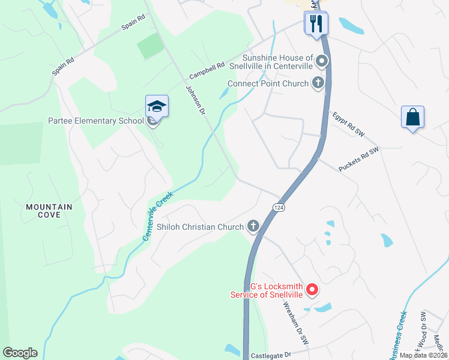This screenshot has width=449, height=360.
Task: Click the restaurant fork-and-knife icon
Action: point(316,24)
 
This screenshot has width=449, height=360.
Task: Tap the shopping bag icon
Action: point(413,116)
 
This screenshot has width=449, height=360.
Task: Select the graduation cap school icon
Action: point(157,107)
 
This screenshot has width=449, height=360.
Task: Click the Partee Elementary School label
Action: point(96,121)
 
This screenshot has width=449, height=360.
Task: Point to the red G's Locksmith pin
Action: point(312,290)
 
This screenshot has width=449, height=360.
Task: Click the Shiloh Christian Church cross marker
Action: point(253,226)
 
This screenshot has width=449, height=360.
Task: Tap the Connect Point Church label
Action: point(268,84)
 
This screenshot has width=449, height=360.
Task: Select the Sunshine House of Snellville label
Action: point(277,62)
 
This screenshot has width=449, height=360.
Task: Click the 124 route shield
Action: point(279,206)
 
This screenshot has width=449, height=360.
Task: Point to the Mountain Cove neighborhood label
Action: point(49,211)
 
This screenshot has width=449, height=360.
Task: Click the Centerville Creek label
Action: point(158,216)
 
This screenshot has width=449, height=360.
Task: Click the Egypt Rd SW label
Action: point(348,125)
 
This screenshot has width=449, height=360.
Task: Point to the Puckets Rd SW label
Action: point(359,160)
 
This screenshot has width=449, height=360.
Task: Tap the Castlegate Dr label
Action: point(270,355)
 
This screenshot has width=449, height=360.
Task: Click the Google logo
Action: point(20,353)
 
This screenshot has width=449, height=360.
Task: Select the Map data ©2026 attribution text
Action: point(423,355)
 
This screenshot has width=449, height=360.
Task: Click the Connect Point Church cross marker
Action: point(318,84)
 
